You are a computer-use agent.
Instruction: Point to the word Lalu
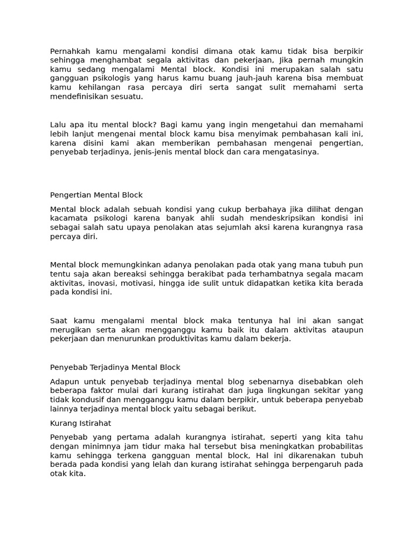tap(59, 125)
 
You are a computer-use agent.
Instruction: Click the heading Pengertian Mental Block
tap(96, 195)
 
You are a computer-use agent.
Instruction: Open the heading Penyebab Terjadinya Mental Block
tap(115, 368)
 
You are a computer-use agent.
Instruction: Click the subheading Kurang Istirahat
tap(80, 423)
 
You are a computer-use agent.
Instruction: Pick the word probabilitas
tap(336, 446)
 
